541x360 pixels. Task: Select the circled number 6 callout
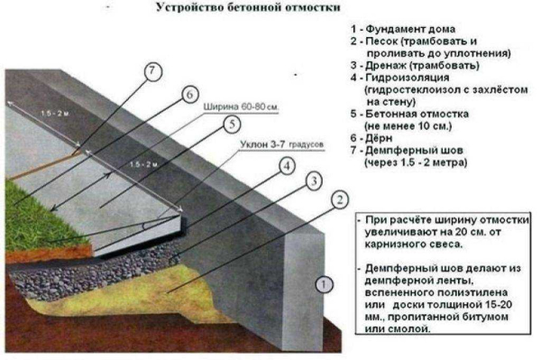pos(188,95)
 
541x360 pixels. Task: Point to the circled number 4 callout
pos(286,165)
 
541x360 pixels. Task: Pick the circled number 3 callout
pos(313,183)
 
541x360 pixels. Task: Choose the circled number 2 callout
pos(339,200)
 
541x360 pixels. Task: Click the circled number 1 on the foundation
pos(322,286)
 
